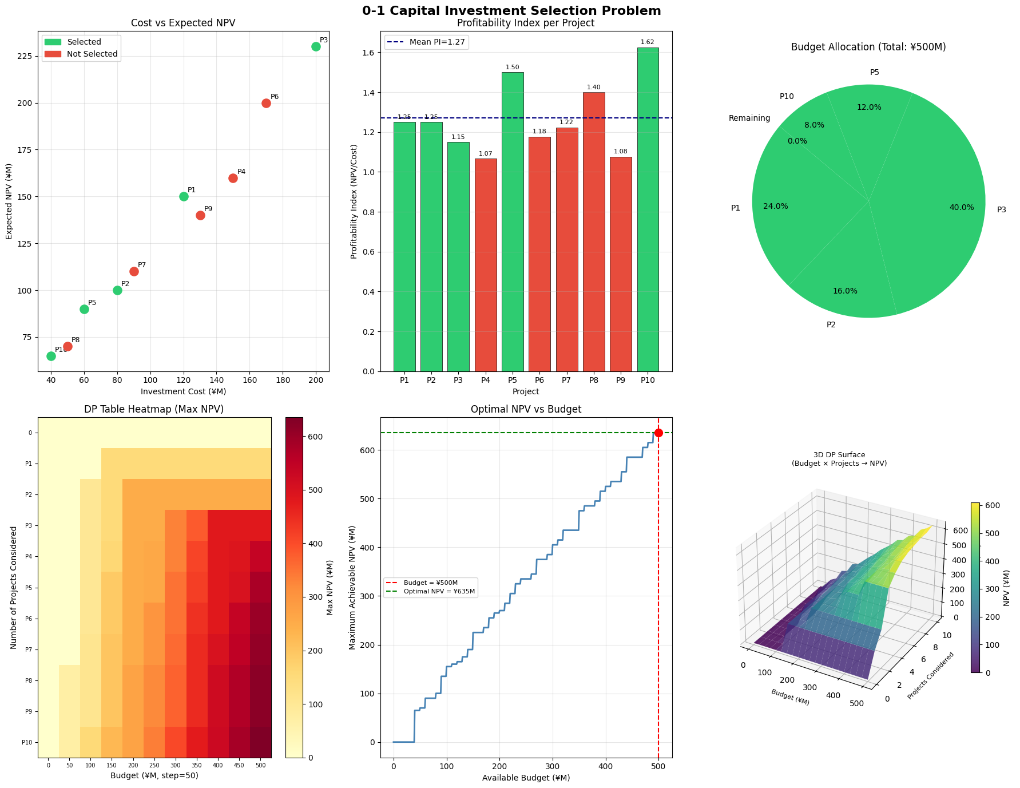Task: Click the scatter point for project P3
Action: coord(316,47)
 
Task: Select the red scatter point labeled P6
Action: coord(266,103)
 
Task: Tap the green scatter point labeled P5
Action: coord(84,309)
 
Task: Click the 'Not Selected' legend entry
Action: coord(92,54)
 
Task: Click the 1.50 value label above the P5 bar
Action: coord(513,68)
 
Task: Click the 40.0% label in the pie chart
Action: coord(962,208)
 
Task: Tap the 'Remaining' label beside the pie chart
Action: coord(749,118)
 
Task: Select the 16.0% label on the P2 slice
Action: coord(845,291)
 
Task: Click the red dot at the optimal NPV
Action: coord(658,433)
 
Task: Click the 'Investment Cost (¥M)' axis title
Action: coord(184,391)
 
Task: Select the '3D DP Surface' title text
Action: coord(839,455)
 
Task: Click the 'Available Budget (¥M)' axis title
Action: coord(526,778)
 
